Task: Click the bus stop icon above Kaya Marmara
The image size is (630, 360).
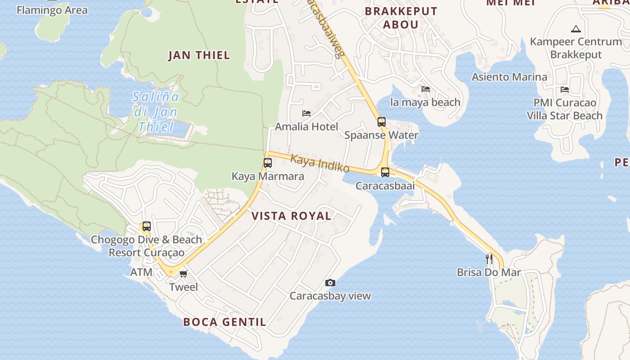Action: coord(268,163)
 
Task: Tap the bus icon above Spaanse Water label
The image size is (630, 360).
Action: coord(382,121)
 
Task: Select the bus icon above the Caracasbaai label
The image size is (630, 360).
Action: coord(385,172)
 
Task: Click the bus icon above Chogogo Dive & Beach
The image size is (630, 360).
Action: coord(147,226)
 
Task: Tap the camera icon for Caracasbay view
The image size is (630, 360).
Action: coord(330,283)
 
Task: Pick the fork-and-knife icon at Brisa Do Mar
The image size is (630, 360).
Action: coord(489,259)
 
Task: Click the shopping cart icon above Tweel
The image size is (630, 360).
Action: coord(183,274)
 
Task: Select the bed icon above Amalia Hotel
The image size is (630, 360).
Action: coord(306,113)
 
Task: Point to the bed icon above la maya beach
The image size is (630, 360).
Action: coord(426,89)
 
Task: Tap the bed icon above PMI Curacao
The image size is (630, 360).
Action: coord(565,90)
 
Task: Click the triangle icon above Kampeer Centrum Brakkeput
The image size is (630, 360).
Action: coord(576,29)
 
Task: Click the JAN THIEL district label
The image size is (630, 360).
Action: coord(199,55)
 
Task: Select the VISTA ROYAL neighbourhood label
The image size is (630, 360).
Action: coord(291,216)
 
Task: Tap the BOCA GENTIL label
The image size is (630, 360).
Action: coord(225,322)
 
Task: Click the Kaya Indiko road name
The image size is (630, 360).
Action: coord(319,163)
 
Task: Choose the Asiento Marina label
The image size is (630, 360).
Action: coord(509,77)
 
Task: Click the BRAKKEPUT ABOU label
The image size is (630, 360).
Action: coord(401,18)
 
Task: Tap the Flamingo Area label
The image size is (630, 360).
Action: coord(52,10)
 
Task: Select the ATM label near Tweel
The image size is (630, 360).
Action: coord(141,272)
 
